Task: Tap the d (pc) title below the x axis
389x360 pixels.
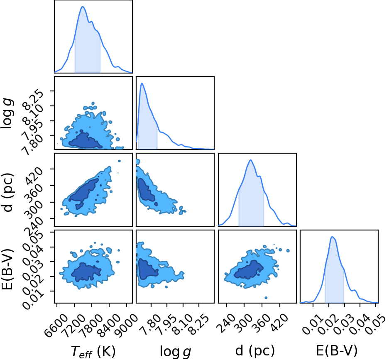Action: [255, 351]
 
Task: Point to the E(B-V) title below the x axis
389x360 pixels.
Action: [337, 351]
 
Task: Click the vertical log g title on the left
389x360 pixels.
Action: [7, 113]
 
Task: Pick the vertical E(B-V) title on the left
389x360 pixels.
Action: [7, 269]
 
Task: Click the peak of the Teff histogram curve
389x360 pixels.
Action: [83, 7]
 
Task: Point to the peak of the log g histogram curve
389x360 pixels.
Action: [142, 83]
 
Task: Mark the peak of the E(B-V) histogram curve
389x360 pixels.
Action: [332, 236]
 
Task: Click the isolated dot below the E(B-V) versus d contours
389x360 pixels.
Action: [266, 297]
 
